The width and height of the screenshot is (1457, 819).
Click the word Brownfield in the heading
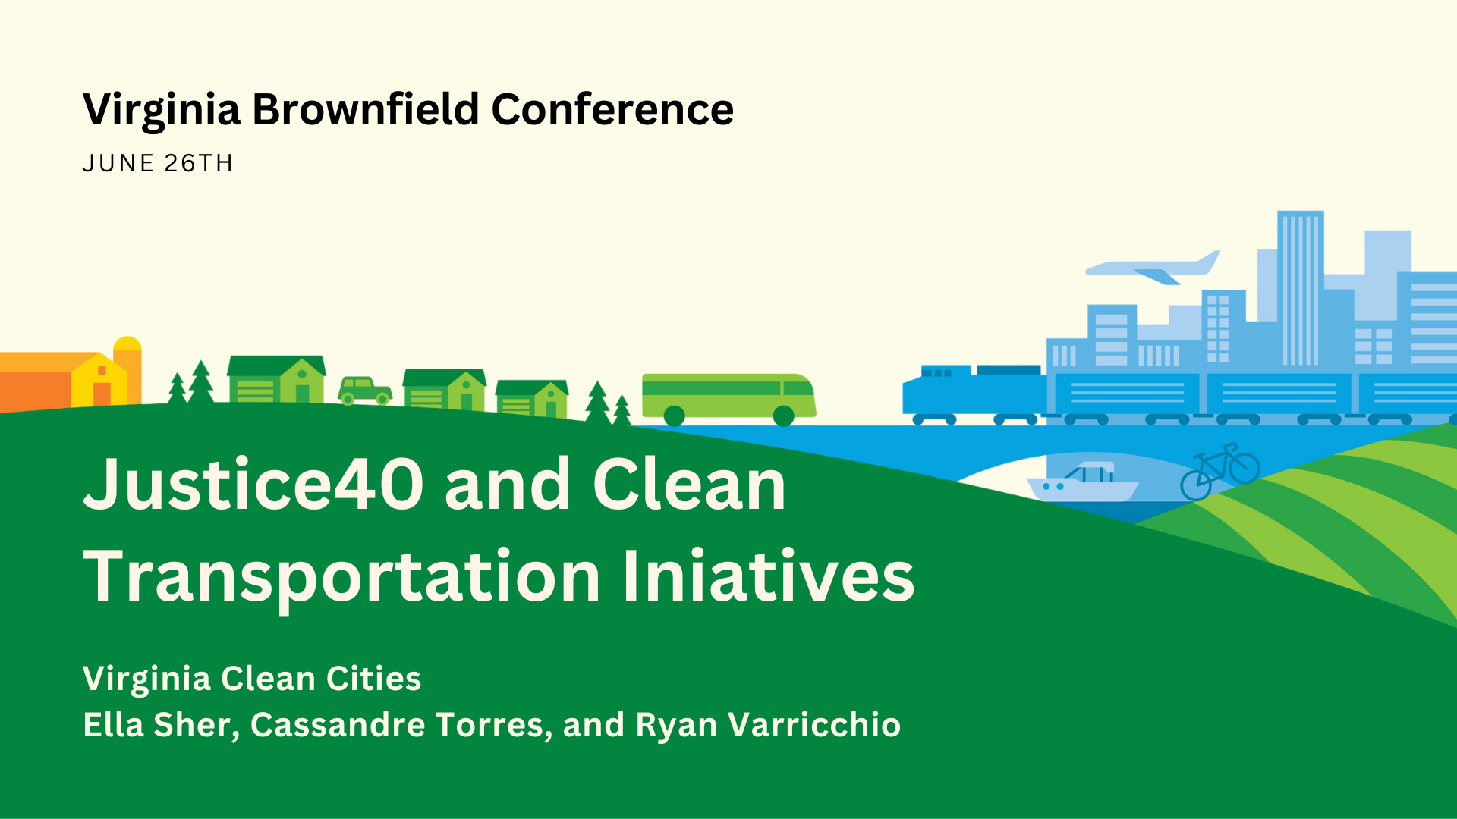366,109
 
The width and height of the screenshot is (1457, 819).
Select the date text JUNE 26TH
158,163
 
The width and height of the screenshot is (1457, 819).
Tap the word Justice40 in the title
253,485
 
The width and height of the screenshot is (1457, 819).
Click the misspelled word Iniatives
769,576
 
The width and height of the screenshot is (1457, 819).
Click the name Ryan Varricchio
768,724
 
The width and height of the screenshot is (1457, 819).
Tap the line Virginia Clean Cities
252,679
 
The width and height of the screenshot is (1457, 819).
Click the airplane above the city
1152,267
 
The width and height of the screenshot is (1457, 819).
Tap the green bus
728,397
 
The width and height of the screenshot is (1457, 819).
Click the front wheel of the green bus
784,416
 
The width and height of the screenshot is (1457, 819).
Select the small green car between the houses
365,391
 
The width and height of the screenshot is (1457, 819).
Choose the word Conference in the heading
612,109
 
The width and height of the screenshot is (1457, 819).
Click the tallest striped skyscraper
1301,289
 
